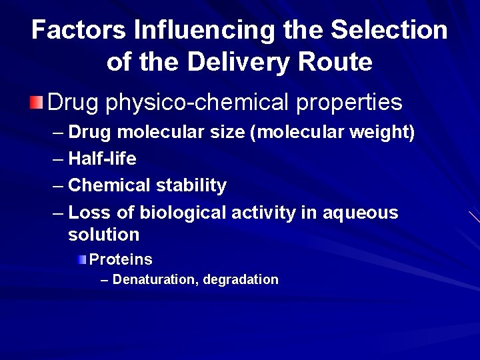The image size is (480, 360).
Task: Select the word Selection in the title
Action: pos(389,30)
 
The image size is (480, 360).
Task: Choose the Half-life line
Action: pos(102,159)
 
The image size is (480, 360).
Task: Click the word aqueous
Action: pos(360,213)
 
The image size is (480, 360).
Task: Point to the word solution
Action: pos(103,235)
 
